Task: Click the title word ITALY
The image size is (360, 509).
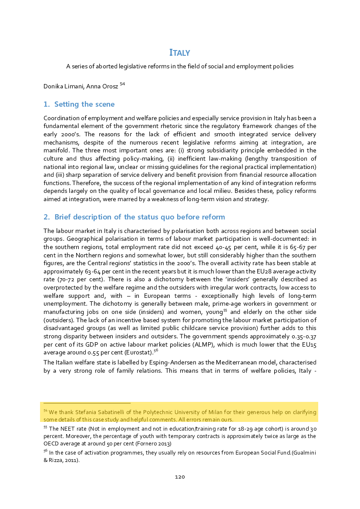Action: pos(179,53)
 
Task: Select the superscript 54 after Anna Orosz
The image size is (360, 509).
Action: pos(122,84)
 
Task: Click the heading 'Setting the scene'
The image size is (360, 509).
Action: pos(84,104)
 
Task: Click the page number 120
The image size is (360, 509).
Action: pos(180,477)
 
